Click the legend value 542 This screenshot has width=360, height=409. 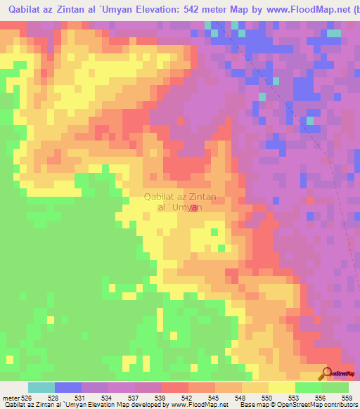tap(188, 398)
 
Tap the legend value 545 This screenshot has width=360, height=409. tap(215, 398)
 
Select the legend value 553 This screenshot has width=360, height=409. tap(295, 398)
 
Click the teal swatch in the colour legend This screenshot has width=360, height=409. tap(41, 387)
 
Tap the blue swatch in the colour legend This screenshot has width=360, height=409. tap(67, 387)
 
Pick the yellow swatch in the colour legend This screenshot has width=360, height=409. tap(281, 387)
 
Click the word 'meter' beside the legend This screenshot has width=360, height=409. tap(10, 398)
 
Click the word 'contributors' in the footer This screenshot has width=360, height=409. tap(341, 405)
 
